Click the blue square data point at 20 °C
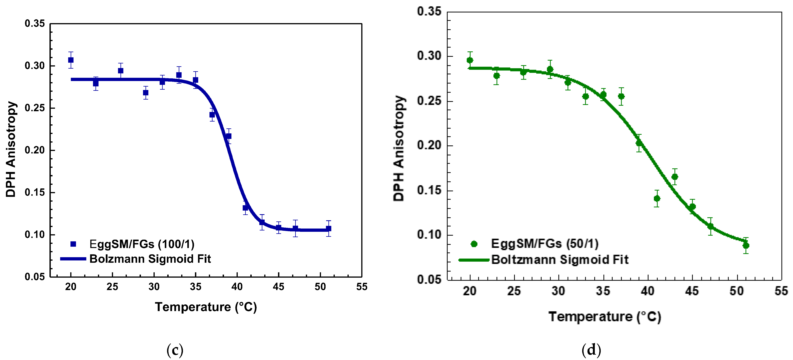click(71, 60)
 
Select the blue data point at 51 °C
click(328, 229)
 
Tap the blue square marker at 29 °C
click(146, 93)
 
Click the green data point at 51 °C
click(746, 245)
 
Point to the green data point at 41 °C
click(657, 198)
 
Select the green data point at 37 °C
click(621, 96)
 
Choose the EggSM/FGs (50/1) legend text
click(545, 244)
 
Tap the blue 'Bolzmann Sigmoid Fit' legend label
click(150, 259)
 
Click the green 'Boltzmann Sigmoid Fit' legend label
click(560, 260)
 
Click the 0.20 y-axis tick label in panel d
click(429, 145)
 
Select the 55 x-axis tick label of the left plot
click(362, 287)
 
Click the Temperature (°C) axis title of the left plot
click(206, 307)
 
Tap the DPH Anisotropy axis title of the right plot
click(399, 148)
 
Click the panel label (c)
click(175, 350)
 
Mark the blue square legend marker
click(73, 244)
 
